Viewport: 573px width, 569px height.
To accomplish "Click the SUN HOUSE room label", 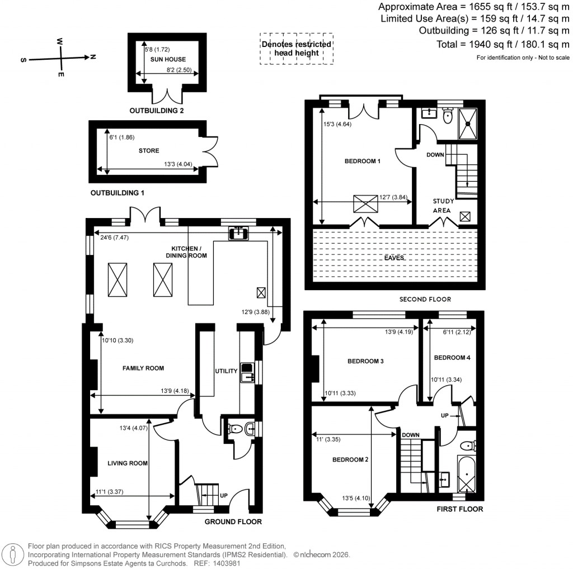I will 172,59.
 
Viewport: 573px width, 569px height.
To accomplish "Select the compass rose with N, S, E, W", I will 61,57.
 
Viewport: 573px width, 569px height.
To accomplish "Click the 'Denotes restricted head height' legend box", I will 296,49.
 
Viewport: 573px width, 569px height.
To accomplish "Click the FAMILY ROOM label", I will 143,368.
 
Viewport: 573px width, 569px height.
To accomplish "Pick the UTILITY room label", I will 227,371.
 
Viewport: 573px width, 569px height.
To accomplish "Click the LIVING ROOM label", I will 128,463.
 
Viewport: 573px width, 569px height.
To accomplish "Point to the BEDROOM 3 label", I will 365,361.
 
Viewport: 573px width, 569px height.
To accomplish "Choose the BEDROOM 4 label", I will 449,358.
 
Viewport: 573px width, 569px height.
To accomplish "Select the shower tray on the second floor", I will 468,123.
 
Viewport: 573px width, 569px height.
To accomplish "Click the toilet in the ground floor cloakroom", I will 236,430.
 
